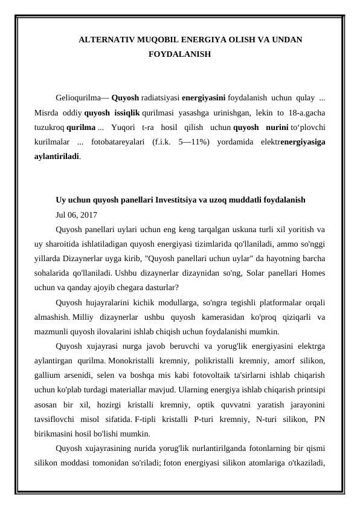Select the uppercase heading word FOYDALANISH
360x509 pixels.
click(x=179, y=54)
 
